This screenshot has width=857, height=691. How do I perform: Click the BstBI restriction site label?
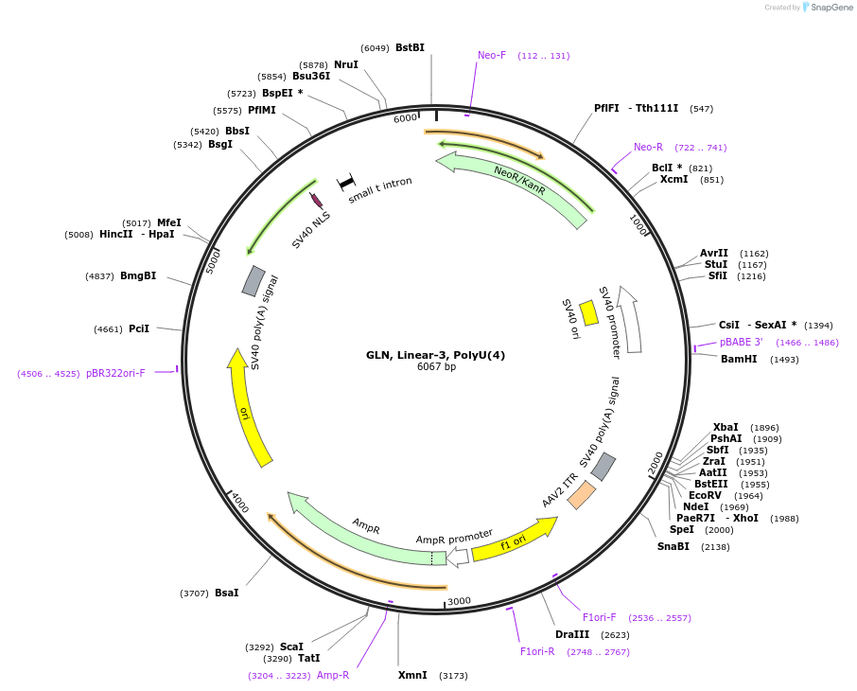[410, 47]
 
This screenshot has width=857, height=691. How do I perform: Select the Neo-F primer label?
[492, 55]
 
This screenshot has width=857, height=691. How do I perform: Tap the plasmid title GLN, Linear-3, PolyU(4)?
[436, 355]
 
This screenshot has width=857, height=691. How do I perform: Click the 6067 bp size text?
[436, 367]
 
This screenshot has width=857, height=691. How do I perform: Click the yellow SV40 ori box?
[588, 312]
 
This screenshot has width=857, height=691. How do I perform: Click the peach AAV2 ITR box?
[582, 495]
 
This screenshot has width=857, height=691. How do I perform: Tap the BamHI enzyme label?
[739, 359]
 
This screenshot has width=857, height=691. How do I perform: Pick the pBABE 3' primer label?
[741, 342]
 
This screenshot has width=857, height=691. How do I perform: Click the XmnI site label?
[412, 675]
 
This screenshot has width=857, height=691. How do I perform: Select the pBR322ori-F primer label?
[115, 373]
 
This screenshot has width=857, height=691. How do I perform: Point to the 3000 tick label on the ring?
[459, 601]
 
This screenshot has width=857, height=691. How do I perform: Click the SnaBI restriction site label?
[673, 546]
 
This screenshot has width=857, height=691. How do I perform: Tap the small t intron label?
[380, 190]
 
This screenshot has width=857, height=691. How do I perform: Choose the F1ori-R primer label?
[537, 651]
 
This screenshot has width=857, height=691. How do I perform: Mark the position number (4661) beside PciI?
[108, 328]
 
